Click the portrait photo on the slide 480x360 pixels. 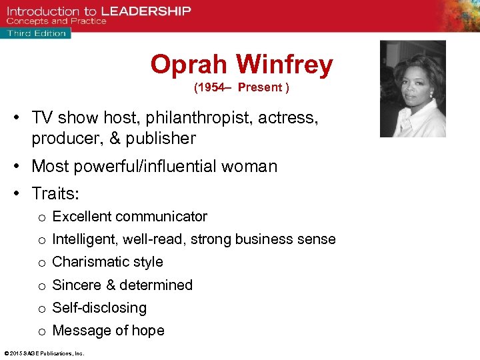[x=413, y=89]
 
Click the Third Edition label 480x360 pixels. [x=37, y=33]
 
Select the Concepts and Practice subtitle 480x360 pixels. [x=57, y=21]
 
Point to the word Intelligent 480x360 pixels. [x=83, y=239]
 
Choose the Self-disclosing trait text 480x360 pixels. [x=99, y=308]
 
